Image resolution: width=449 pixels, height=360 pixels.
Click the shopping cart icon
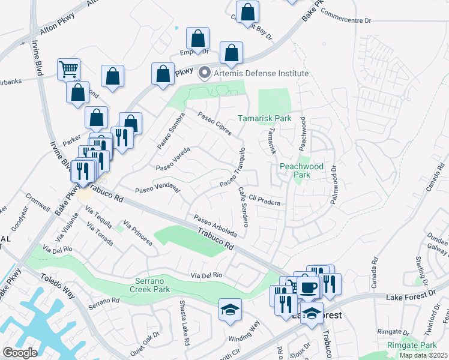[69, 69]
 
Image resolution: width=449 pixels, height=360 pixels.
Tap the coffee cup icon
[309, 287]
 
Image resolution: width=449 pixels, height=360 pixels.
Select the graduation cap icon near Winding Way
[231, 310]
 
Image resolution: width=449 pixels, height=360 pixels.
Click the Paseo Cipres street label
[214, 123]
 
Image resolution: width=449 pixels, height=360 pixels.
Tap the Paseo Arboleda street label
[214, 226]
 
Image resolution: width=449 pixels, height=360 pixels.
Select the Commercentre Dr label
[346, 20]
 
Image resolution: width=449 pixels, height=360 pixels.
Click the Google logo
[20, 353]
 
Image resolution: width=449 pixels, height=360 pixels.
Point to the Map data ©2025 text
[423, 355]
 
